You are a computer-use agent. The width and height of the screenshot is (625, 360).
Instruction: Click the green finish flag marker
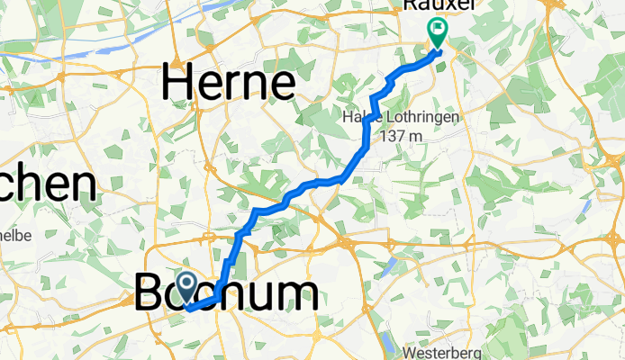click(438, 32)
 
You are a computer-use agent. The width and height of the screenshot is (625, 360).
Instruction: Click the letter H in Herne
click(177, 85)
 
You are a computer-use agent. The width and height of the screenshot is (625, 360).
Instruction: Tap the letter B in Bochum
click(150, 294)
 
